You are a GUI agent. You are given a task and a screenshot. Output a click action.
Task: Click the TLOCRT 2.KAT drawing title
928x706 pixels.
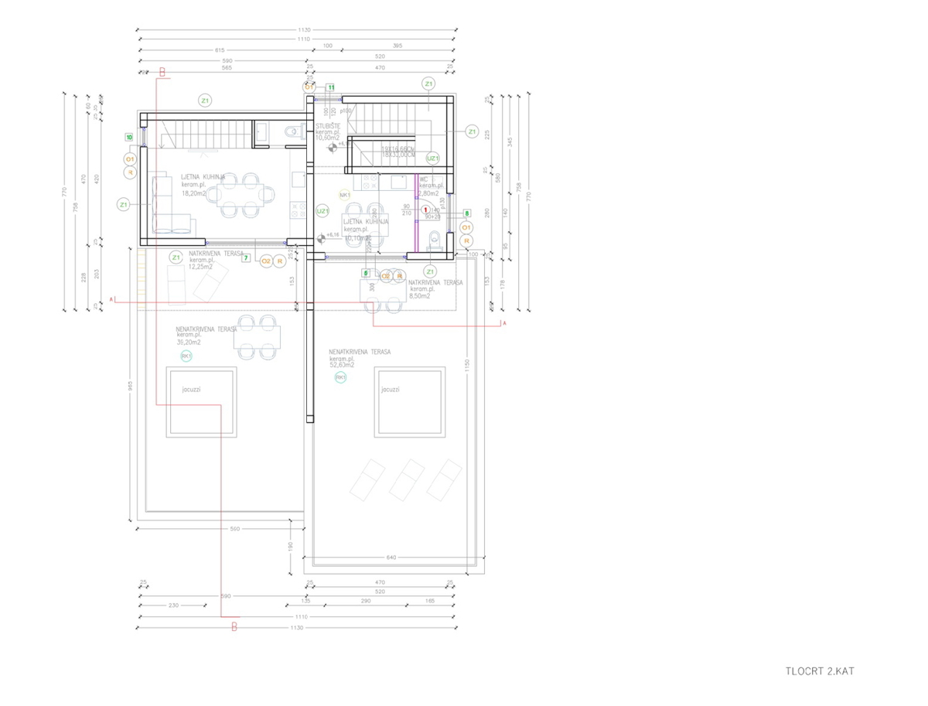click(x=820, y=671)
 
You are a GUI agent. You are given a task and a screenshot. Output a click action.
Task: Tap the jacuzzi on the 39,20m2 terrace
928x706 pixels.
click(x=202, y=402)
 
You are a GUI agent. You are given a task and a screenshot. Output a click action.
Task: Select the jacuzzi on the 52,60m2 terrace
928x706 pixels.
click(x=410, y=402)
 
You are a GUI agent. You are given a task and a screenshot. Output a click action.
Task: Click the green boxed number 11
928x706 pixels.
click(x=331, y=87)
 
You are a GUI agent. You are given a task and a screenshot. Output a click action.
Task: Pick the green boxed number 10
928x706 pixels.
click(x=129, y=137)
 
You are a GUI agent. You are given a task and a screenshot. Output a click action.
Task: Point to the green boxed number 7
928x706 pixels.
click(x=246, y=258)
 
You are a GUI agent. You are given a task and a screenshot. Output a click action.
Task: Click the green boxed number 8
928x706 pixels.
click(x=466, y=213)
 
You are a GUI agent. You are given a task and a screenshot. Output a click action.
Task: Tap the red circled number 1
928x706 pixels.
click(x=425, y=209)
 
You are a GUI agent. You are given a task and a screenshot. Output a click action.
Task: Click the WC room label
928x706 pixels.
click(x=424, y=179)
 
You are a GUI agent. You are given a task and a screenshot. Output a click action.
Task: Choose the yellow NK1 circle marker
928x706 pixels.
click(x=345, y=195)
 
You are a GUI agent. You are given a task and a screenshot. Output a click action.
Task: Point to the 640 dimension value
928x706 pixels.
click(x=392, y=557)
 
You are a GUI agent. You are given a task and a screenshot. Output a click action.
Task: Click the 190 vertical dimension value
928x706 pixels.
click(x=291, y=546)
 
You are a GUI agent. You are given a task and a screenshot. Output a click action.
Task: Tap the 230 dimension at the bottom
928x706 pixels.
click(x=172, y=605)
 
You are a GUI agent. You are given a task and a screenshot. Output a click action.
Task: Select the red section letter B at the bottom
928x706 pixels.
click(x=234, y=627)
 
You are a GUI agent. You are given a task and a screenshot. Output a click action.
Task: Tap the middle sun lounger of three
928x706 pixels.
click(x=405, y=479)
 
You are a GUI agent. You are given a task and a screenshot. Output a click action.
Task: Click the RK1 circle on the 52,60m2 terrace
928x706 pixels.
click(x=340, y=377)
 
